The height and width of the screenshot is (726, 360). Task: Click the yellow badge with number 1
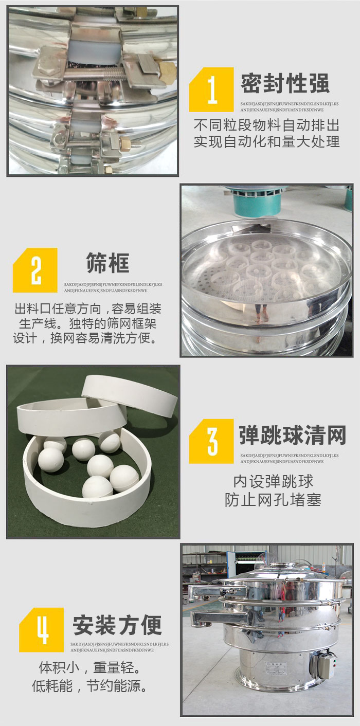pyautogui.click(x=212, y=89)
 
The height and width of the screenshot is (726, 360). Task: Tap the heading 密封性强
pyautogui.click(x=284, y=83)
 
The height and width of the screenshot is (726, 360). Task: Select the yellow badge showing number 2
pyautogui.click(x=35, y=270)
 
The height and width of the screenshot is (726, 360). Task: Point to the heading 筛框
pyautogui.click(x=108, y=263)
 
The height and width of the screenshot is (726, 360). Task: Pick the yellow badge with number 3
pyautogui.click(x=212, y=441)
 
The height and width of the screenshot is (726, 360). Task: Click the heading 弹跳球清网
pyautogui.click(x=292, y=435)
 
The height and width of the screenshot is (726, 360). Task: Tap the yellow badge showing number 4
pyautogui.click(x=42, y=630)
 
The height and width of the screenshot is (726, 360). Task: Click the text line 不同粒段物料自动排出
pyautogui.click(x=266, y=125)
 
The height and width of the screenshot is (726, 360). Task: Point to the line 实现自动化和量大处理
pyautogui.click(x=266, y=141)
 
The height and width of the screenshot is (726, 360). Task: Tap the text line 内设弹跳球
pyautogui.click(x=273, y=482)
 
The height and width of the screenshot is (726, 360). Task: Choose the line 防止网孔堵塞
pyautogui.click(x=273, y=499)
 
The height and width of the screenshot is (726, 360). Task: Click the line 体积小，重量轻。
pyautogui.click(x=89, y=668)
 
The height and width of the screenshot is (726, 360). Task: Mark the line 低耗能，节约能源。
pyautogui.click(x=89, y=685)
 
